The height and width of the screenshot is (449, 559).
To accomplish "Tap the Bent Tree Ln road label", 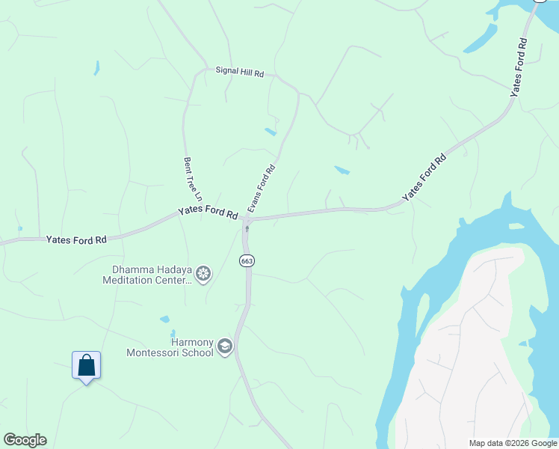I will pyautogui.click(x=188, y=177).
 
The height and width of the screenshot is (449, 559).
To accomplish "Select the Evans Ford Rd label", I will pyautogui.click(x=262, y=189).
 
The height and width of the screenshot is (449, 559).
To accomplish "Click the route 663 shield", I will pyautogui.click(x=247, y=260).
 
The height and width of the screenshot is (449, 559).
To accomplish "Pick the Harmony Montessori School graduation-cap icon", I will pyautogui.click(x=225, y=346).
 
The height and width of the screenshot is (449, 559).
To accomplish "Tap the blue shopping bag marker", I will pyautogui.click(x=87, y=366).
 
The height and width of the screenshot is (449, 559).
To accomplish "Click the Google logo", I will pyautogui.click(x=25, y=440).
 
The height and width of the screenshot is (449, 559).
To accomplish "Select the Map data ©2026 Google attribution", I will pyautogui.click(x=512, y=443).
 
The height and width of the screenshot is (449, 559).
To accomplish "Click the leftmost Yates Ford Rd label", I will pyautogui.click(x=76, y=240).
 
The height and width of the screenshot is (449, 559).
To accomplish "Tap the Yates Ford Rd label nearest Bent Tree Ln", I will pyautogui.click(x=208, y=213).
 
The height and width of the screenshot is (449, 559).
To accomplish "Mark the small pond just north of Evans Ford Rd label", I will pyautogui.click(x=270, y=132).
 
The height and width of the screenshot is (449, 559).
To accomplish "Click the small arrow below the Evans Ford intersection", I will pyautogui.click(x=247, y=229).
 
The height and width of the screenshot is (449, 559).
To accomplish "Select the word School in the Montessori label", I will pyautogui.click(x=198, y=353).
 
